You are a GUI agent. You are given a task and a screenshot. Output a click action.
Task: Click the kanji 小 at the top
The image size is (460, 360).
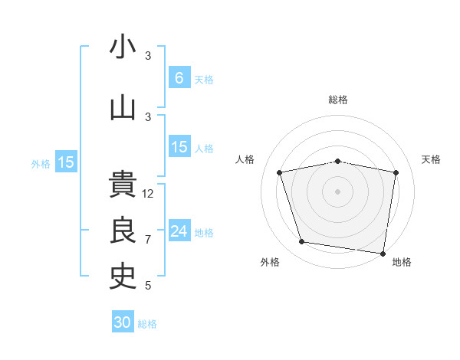tap(123, 47)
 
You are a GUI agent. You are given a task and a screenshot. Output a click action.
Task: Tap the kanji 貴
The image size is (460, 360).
tap(123, 185)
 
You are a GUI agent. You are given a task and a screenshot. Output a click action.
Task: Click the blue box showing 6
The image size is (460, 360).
tap(179, 78)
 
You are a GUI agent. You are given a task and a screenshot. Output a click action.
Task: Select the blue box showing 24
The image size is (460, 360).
tap(179, 231)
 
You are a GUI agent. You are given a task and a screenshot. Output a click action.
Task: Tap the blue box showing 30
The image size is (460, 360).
tap(123, 322)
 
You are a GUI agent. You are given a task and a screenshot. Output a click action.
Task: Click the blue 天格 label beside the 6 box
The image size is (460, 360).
tap(204, 80)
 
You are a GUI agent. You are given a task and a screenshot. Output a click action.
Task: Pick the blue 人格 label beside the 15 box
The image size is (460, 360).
tap(204, 149)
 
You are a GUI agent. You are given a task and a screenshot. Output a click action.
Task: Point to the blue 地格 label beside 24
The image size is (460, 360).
tap(204, 233)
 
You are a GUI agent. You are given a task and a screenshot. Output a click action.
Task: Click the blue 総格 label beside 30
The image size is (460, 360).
tap(147, 324)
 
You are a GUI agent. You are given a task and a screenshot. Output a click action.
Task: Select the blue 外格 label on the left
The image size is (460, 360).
tap(41, 163)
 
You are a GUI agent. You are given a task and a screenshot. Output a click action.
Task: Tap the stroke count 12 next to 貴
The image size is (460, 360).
tap(148, 194)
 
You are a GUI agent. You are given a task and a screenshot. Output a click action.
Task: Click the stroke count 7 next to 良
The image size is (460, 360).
tap(148, 240)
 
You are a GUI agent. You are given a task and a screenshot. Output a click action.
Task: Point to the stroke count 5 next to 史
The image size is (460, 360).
tap(148, 286)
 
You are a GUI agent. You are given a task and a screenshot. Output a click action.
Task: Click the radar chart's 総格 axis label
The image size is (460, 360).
tap(337, 100)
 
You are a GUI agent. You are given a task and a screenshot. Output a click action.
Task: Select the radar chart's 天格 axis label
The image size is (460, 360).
tap(432, 159)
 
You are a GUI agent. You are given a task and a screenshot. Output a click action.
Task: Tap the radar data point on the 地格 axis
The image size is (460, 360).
tap(383, 253)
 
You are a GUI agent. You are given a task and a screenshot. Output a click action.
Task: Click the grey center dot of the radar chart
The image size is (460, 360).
tap(337, 191)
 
